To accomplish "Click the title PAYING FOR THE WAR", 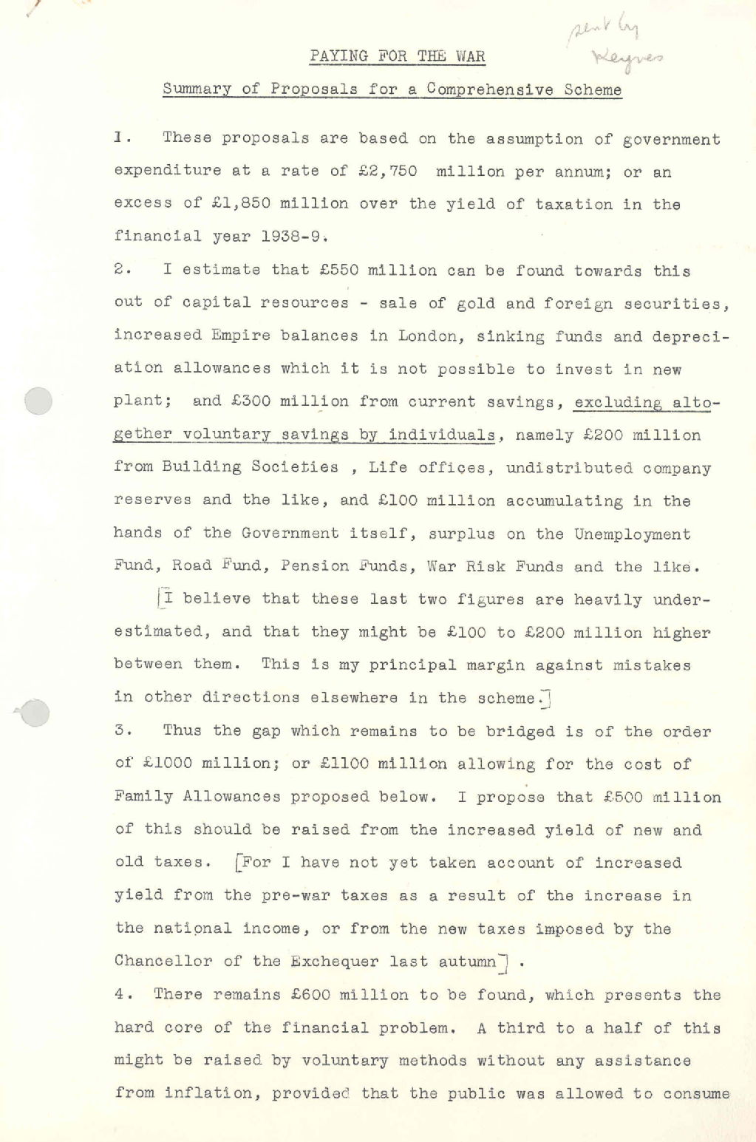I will [397, 56].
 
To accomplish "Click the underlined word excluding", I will [618, 402].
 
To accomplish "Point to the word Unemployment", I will [632, 534].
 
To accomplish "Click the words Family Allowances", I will [197, 797].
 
